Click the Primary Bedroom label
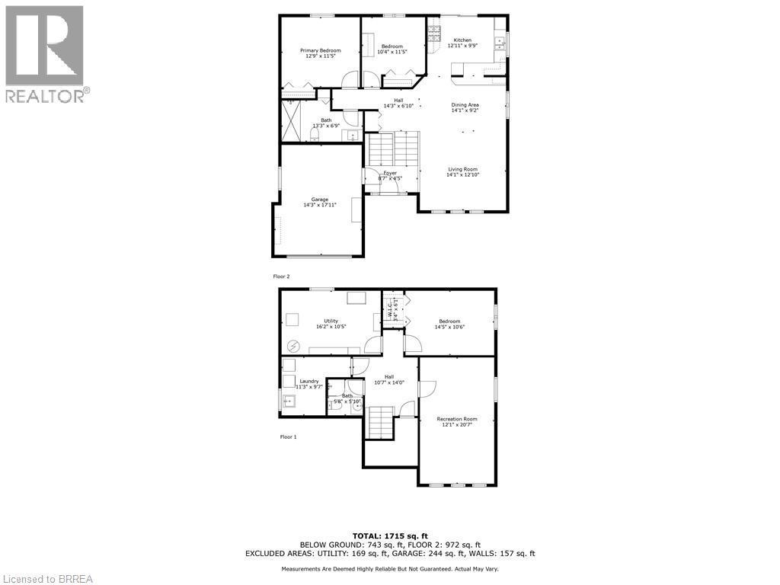320,50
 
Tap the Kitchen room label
462,40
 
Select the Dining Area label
465,105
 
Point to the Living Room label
462,169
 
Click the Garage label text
319,200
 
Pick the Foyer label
390,173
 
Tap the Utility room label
331,321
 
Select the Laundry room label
308,381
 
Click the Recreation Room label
457,419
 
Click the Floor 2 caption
281,277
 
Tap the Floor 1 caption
288,436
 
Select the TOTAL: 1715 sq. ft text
389,535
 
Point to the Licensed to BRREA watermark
47,578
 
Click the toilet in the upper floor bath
314,135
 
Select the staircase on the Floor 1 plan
380,423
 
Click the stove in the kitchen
435,33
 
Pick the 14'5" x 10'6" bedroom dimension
449,327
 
